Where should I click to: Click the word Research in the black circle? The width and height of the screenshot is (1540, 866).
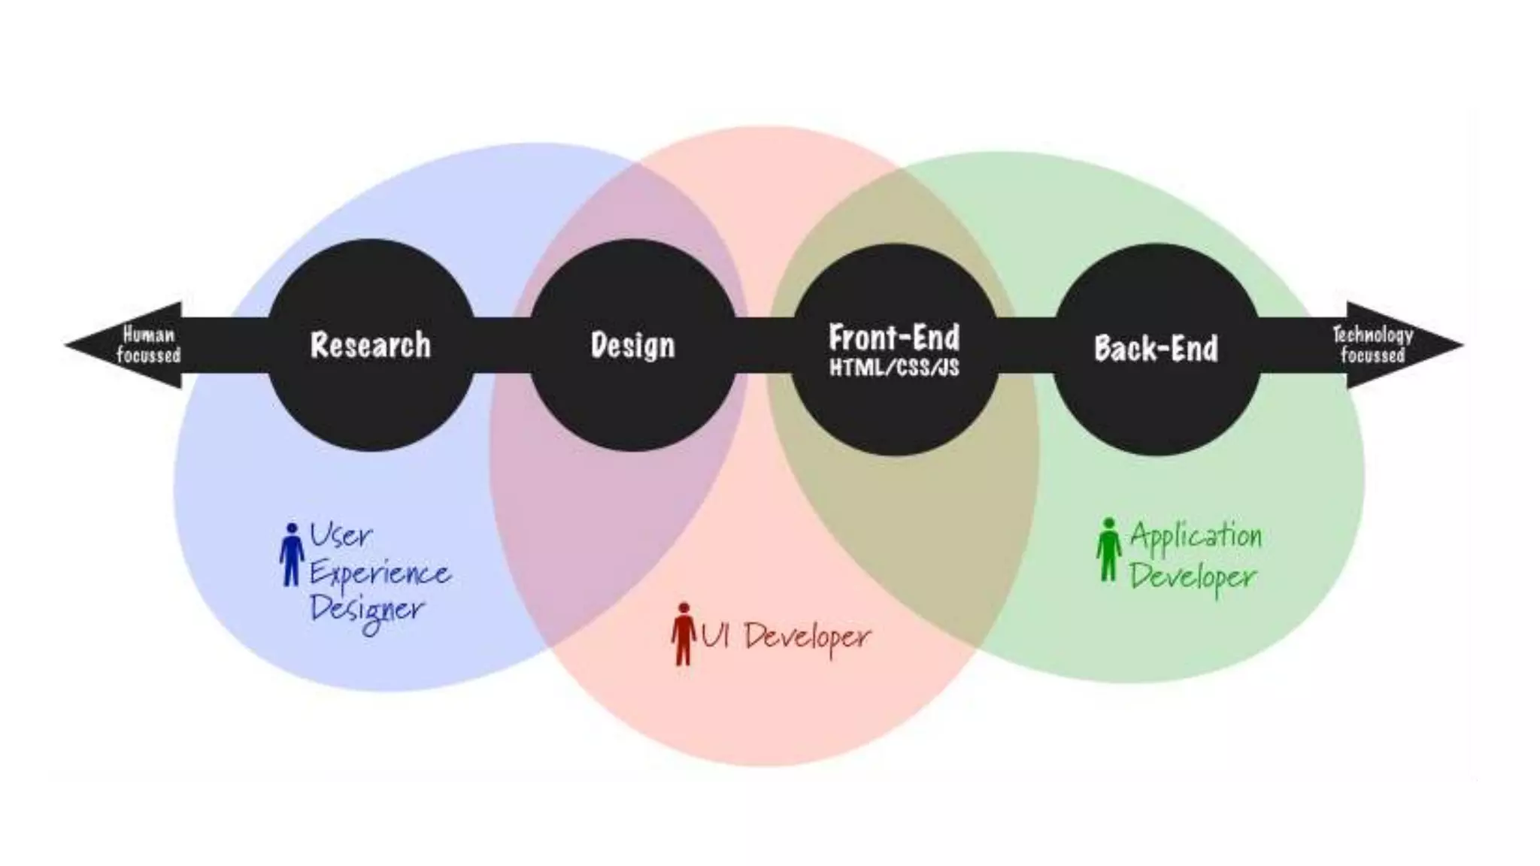371,345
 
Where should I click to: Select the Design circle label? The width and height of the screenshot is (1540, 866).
633,346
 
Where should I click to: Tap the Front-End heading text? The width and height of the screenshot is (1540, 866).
894,338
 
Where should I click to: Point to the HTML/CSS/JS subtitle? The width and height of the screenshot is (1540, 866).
894,368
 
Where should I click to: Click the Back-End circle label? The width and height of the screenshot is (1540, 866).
1156,348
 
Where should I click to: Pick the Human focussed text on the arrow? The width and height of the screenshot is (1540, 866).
149,345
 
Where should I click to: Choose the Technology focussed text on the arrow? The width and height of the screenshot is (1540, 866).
1372,345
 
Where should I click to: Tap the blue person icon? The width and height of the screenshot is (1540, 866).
291,554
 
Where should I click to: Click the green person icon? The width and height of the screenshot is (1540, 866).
1108,550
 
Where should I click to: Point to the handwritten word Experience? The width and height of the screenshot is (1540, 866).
380,575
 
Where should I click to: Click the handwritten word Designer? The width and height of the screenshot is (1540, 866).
368,611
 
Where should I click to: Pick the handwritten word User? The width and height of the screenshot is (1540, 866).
341,535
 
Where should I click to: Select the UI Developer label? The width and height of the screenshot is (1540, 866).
786,637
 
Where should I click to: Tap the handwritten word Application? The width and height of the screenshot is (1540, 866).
1196,537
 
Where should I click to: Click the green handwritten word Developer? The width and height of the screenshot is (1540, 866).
1193,577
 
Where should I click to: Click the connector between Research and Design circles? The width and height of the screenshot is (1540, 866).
502,345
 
